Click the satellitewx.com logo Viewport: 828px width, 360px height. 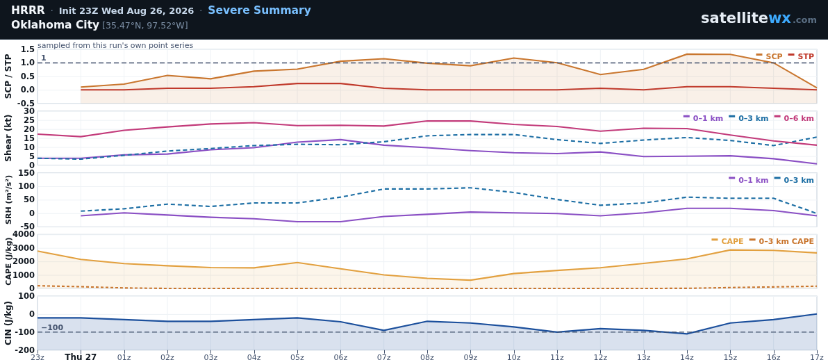[x=759, y=19]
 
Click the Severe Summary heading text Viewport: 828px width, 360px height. [x=259, y=10]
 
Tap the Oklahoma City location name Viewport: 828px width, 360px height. [x=55, y=25]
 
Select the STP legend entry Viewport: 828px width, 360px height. [x=801, y=56]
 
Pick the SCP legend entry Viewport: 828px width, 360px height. [x=770, y=56]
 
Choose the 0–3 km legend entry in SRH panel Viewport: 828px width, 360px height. [x=794, y=180]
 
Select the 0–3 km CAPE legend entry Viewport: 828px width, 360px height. [x=781, y=242]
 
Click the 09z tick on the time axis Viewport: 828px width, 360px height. [x=470, y=357]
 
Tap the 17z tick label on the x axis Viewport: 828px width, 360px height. [x=816, y=357]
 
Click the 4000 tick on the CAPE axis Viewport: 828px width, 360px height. [x=24, y=234]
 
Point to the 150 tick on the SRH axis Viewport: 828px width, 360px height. [x=27, y=173]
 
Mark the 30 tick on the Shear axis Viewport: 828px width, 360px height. [x=30, y=111]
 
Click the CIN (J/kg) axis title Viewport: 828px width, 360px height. [x=8, y=323]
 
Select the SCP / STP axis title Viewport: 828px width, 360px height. [x=8, y=76]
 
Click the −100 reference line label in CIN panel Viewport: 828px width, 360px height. [x=52, y=328]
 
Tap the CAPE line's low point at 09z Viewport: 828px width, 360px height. [x=470, y=280]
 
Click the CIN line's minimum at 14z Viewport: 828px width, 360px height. [x=687, y=334]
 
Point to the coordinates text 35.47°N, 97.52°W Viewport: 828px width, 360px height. [x=144, y=26]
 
